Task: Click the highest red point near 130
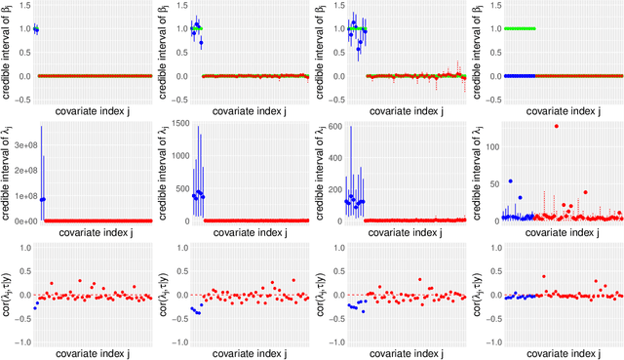556,126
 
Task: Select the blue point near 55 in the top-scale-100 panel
509,181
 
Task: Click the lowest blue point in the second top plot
201,43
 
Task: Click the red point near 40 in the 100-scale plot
585,192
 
